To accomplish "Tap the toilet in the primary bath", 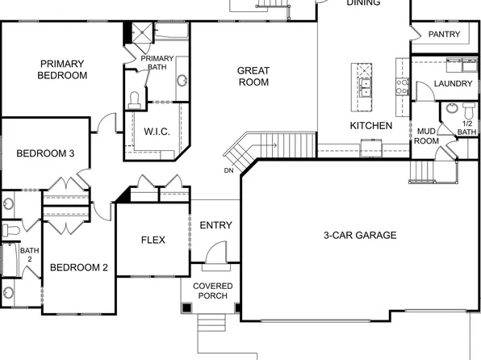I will click(135, 99).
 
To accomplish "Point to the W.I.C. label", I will click(156, 132).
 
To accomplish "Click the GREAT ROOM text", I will click(253, 76).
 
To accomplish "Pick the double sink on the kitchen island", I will click(365, 82).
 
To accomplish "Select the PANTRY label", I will click(444, 34).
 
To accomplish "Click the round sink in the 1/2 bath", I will click(451, 110).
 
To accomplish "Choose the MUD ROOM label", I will click(426, 136).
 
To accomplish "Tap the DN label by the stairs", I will click(228, 170).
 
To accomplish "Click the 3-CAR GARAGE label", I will click(360, 236).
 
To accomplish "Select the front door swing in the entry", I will click(215, 253).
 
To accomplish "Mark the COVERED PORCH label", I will click(213, 291).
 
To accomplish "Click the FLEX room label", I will click(153, 240).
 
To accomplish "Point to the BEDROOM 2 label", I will click(79, 267).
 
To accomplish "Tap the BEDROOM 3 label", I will click(46, 153).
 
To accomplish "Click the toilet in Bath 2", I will click(9, 230).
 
